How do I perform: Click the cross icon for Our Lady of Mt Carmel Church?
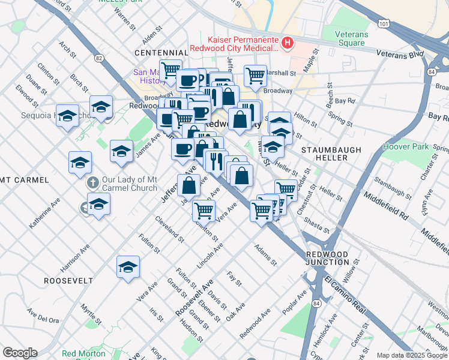[92, 182]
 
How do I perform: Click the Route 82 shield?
[99, 58]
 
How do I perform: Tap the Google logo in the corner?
[20, 353]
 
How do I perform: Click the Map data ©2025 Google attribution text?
[411, 355]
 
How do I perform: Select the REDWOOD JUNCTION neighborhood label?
[327, 259]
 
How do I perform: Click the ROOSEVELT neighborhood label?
[68, 281]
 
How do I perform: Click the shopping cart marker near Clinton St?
[203, 211]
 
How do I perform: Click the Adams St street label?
[265, 254]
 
